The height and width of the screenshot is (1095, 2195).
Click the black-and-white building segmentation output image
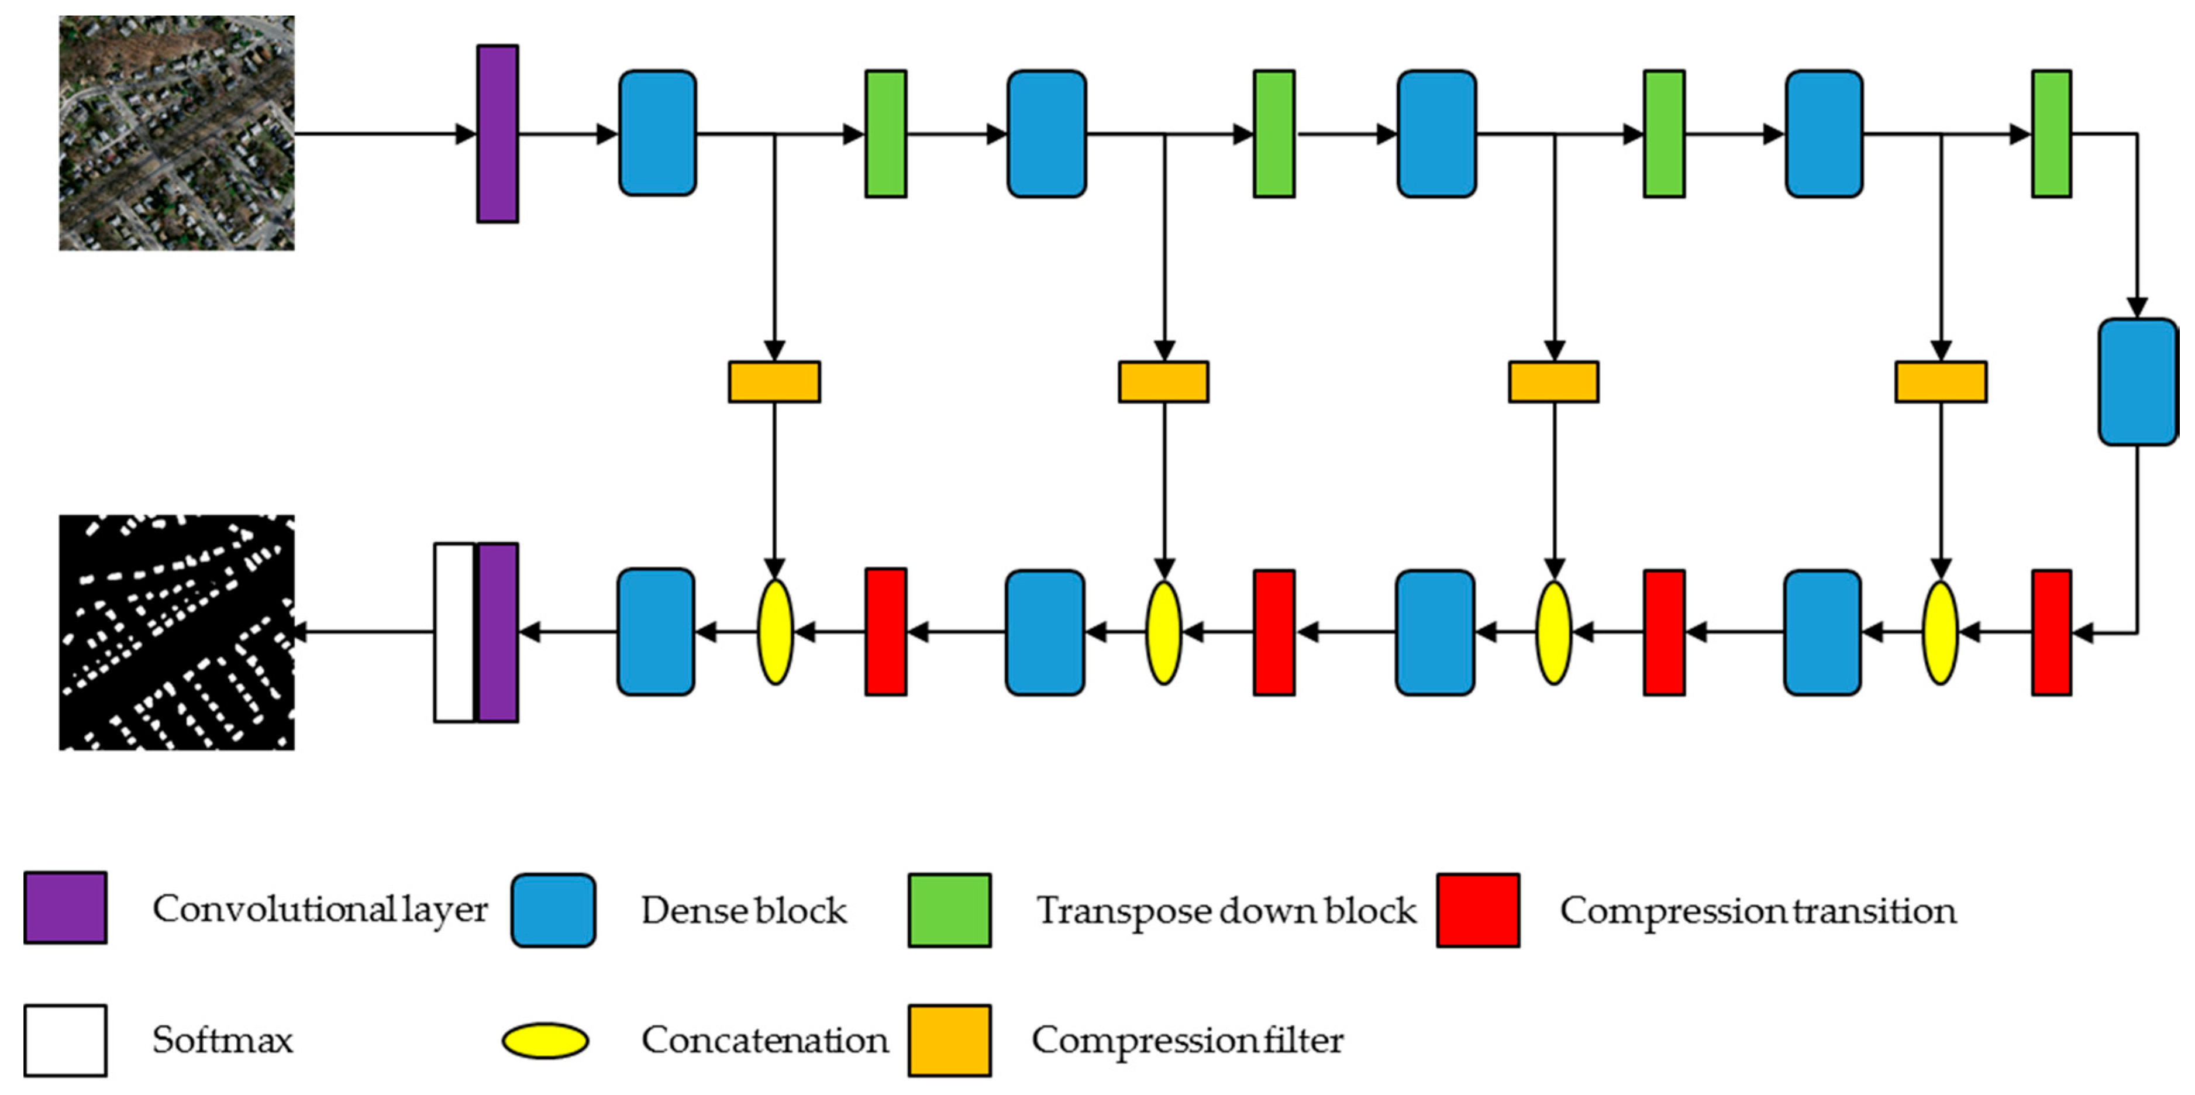click(x=177, y=632)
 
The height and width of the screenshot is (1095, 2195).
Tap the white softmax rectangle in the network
click(x=454, y=632)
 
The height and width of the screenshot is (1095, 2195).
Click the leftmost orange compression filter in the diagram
click(x=774, y=382)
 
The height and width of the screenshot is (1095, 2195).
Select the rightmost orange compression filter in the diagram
click(x=1940, y=382)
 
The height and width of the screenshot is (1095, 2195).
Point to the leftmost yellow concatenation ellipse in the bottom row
click(x=774, y=632)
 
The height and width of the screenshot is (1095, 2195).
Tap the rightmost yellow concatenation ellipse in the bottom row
click(x=1940, y=632)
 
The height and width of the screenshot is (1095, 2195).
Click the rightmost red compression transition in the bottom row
click(x=2051, y=632)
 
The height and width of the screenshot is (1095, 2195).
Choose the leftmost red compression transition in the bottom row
click(x=885, y=632)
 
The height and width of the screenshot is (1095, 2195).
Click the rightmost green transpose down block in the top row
click(x=2051, y=134)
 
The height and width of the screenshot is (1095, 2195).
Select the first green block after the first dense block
click(x=885, y=134)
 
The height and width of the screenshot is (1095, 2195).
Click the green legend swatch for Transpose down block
click(x=949, y=910)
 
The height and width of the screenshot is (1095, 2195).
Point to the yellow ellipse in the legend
click(x=545, y=1041)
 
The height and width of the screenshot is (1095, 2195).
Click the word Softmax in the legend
click(x=222, y=1041)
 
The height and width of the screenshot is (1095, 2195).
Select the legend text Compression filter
click(x=1187, y=1041)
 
